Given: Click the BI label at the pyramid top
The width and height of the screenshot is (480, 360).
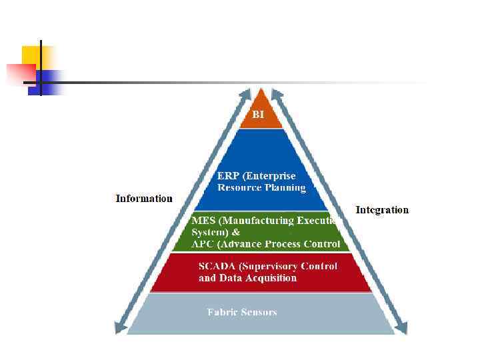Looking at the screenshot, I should click(x=258, y=115).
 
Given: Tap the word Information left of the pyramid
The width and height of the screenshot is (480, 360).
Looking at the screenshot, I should click(x=144, y=198).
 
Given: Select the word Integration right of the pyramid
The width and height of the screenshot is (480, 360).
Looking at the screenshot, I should click(x=382, y=210).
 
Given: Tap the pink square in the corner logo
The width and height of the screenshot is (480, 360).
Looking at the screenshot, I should click(x=20, y=74).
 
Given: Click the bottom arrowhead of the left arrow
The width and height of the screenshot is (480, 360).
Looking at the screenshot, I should click(x=119, y=327).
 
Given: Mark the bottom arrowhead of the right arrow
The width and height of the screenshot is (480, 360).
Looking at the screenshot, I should click(x=401, y=327).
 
